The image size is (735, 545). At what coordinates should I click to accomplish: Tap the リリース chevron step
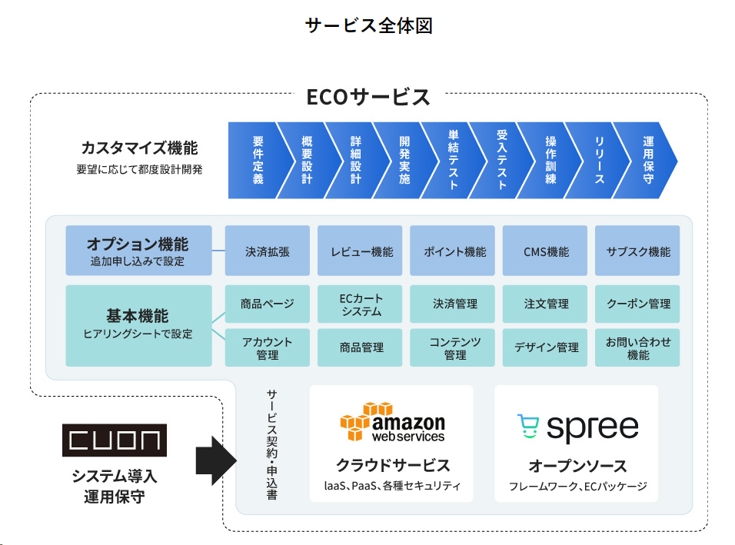coord(600,160)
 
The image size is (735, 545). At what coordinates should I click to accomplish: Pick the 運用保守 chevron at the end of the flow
coord(649,160)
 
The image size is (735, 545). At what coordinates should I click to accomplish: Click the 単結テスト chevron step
coord(454,160)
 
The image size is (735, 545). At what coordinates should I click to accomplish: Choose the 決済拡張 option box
coord(268,251)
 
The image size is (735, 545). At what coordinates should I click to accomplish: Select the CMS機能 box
coord(545,251)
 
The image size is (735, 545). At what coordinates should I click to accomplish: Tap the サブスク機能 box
coord(637,251)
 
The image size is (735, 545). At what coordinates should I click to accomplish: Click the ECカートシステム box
coord(360,304)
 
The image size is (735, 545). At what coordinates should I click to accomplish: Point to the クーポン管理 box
coord(637,304)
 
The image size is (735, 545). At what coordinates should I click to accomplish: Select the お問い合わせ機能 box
coord(637,348)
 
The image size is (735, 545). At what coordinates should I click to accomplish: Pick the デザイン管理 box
coord(545,348)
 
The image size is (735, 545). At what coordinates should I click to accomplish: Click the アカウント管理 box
coord(268,348)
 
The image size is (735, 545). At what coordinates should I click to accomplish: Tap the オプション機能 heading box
coord(138,251)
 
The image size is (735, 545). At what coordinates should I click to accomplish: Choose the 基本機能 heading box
coord(138,326)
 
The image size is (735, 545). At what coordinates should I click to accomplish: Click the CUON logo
coord(115,440)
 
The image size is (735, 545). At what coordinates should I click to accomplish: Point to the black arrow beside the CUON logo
coord(215,460)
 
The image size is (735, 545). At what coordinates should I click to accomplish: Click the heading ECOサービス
coord(368,98)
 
